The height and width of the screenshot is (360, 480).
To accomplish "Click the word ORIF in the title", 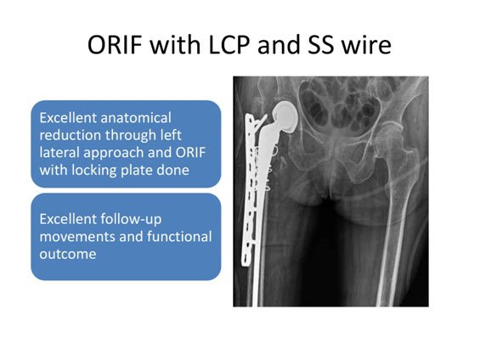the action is pyautogui.click(x=115, y=45).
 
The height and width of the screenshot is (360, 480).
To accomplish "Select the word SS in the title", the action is pyautogui.click(x=320, y=45).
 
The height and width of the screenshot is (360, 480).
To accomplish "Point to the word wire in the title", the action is pyautogui.click(x=366, y=45).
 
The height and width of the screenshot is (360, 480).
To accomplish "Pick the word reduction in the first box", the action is pyautogui.click(x=71, y=135).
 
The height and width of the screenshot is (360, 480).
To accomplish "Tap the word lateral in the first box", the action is pyautogui.click(x=59, y=153).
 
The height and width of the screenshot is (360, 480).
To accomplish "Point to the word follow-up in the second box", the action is pyautogui.click(x=131, y=219).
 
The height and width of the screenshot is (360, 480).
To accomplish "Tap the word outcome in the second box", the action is pyautogui.click(x=68, y=254).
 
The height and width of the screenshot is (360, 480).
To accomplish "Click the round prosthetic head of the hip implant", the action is pyautogui.click(x=285, y=117).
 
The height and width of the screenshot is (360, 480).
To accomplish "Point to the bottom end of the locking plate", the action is pyautogui.click(x=246, y=265).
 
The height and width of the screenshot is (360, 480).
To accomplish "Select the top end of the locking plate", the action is pyautogui.click(x=250, y=115).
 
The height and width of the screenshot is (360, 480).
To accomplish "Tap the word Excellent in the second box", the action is pyautogui.click(x=68, y=219).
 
